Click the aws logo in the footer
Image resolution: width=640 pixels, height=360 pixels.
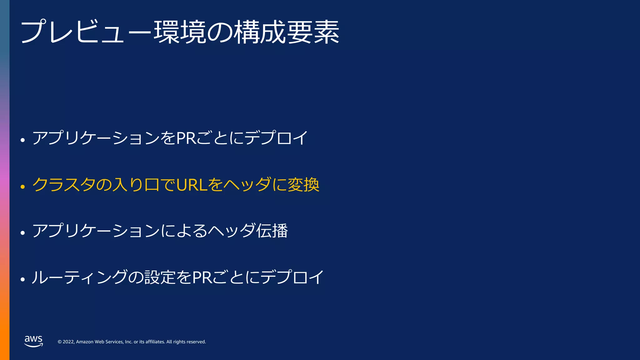(x=33, y=341)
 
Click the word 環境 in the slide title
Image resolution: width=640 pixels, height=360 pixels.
(x=180, y=32)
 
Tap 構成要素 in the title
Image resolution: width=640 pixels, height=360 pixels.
(x=287, y=32)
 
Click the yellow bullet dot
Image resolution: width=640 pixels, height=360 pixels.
(x=22, y=187)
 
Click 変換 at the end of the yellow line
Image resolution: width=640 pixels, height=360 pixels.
(x=303, y=185)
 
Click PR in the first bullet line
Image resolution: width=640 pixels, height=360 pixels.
(x=186, y=138)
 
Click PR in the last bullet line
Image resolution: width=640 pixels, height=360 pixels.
(x=202, y=277)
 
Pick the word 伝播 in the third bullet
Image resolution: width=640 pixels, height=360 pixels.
(x=272, y=231)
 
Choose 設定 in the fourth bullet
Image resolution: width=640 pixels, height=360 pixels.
(x=160, y=277)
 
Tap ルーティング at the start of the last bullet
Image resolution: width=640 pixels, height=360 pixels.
(x=79, y=277)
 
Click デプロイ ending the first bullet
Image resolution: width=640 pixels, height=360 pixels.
(x=276, y=138)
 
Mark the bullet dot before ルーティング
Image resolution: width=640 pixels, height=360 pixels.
(x=22, y=279)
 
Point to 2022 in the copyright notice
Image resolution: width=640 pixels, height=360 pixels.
(x=68, y=342)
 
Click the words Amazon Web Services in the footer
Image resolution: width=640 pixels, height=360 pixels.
(x=100, y=342)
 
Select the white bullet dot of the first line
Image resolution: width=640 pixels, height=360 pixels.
(x=22, y=140)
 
